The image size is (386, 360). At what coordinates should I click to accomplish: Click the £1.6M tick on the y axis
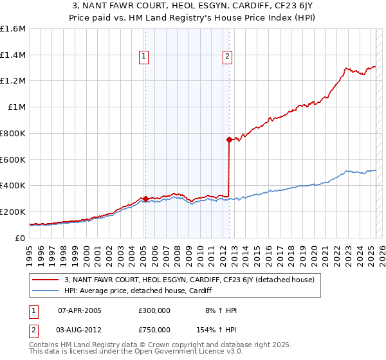coord(12,29)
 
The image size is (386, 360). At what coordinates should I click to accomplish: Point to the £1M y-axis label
coord(16,107)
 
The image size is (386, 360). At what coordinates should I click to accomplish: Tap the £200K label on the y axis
coord(12,212)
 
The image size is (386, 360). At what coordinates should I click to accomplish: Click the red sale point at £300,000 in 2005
coord(145,199)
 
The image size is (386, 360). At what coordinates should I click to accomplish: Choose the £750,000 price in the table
coord(154,329)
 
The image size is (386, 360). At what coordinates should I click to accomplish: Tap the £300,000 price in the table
coord(154,310)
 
